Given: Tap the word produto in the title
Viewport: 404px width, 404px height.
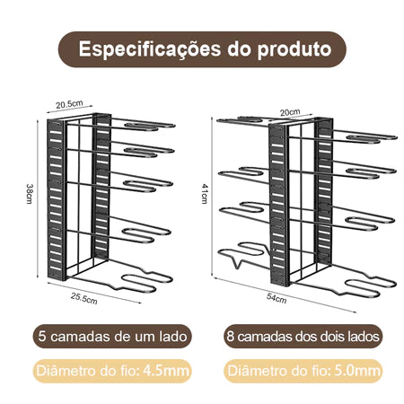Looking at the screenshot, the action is click(294, 49).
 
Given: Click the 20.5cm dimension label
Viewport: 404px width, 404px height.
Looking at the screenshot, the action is click(69, 104).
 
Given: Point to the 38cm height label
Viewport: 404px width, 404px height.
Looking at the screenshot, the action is click(30, 194).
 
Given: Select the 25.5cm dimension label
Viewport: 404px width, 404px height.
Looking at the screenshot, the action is click(84, 298).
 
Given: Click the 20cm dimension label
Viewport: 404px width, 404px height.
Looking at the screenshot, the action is click(290, 112).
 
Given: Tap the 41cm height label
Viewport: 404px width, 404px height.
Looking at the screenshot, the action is click(205, 194).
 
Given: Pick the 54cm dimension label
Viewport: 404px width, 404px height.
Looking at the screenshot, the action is click(277, 298).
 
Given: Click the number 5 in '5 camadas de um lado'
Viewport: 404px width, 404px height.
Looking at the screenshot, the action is click(42, 337).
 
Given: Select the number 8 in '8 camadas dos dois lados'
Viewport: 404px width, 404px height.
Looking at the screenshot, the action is click(231, 337).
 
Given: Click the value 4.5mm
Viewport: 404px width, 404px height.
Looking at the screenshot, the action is click(166, 371).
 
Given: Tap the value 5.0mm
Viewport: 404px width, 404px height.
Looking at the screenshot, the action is click(357, 371).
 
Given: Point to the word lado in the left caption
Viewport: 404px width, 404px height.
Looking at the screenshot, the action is click(173, 337).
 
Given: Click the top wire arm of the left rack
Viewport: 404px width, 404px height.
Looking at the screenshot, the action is click(144, 125).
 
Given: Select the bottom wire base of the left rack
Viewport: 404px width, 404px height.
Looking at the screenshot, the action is click(119, 276).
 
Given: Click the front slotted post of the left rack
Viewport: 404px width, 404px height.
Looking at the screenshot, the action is click(56, 199).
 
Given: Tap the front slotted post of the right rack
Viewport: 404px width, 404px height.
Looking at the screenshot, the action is click(279, 205).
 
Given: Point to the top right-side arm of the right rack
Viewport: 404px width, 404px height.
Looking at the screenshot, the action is click(365, 136).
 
